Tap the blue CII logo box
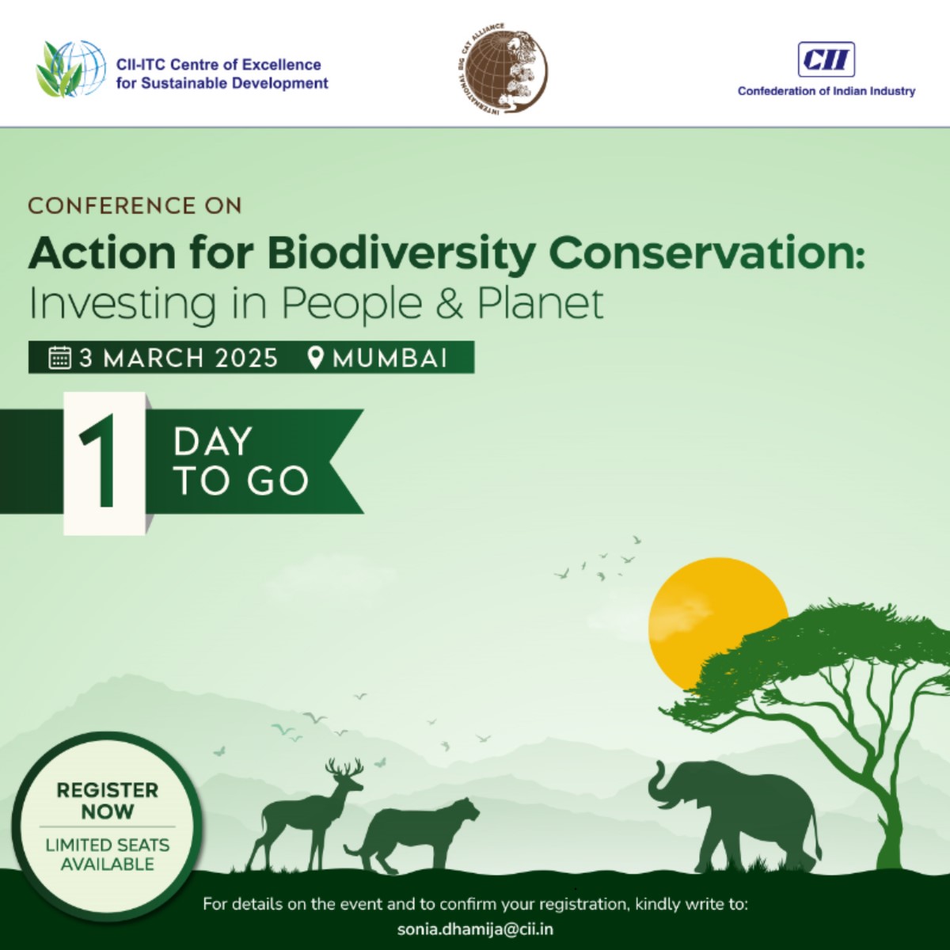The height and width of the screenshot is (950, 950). coord(826,59)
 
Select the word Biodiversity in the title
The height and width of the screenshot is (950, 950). coord(401,253)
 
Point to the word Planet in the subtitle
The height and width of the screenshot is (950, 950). coord(541,304)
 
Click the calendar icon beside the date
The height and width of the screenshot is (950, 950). coord(60,358)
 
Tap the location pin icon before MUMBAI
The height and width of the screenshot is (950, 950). coord(316,358)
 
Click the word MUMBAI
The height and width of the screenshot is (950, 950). coord(390,358)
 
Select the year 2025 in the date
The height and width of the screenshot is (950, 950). coord(246,358)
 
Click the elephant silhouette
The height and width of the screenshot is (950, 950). coord(744,811)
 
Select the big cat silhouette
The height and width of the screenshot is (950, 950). coord(420,831)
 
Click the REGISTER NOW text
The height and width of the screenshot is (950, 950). coord(108,800)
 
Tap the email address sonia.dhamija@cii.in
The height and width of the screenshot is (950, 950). coord(475,929)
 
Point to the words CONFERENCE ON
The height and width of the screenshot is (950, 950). coord(135,206)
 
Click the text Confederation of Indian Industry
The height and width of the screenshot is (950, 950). coord(826,91)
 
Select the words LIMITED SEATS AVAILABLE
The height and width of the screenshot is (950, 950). coord(108,854)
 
